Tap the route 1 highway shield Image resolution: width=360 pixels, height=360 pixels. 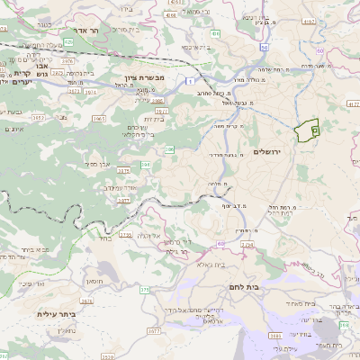[190, 81]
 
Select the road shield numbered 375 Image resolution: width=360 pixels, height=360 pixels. [144, 289]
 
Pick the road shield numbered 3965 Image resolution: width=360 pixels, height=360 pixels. [99, 117]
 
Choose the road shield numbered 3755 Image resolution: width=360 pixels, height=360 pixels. [126, 235]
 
